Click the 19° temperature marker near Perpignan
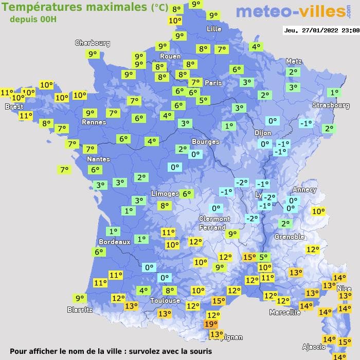[210, 324]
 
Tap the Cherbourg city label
[93, 43]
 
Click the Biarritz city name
[80, 310]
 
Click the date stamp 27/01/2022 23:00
[321, 30]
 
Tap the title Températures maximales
[75, 7]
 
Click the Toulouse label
[165, 300]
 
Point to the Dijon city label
[262, 133]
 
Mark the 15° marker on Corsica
[345, 341]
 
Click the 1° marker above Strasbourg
[334, 93]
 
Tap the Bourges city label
[205, 141]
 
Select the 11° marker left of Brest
[7, 93]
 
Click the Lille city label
[214, 29]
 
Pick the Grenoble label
[290, 237]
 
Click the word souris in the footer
[199, 352]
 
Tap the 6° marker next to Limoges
[186, 194]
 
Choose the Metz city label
[293, 62]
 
